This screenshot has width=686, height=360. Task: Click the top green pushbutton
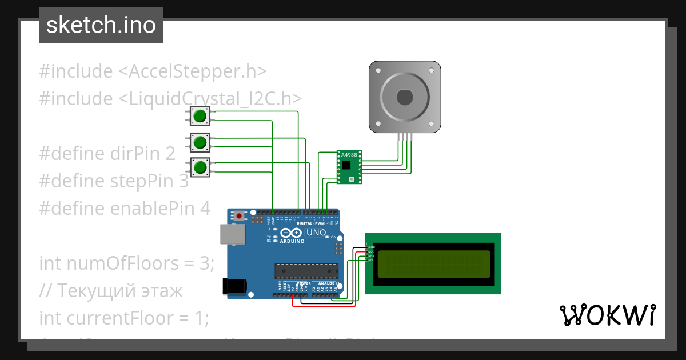[200, 116]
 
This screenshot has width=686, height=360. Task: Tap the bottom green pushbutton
[200, 167]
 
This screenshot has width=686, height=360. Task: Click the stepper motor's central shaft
[405, 97]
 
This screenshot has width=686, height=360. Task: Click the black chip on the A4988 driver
[346, 165]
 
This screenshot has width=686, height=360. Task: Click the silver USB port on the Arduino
[233, 234]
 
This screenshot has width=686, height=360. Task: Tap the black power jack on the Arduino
[234, 286]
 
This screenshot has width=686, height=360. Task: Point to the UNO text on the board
[316, 233]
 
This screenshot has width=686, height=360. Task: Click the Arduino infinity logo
[291, 233]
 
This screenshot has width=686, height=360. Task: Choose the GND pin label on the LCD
[370, 247]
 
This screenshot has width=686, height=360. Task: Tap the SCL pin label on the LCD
[370, 261]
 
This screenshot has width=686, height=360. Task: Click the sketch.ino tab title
[101, 25]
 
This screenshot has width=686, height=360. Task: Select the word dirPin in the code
[140, 154]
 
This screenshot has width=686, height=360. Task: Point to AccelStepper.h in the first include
[198, 71]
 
